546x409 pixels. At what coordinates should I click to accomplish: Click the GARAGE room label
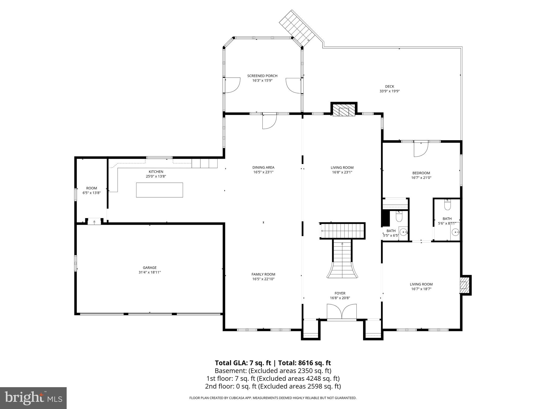click(150, 268)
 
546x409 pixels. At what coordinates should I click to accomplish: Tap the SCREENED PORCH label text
click(262, 76)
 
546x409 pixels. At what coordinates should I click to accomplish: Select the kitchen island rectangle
click(159, 190)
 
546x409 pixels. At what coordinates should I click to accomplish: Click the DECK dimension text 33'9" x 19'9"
click(390, 91)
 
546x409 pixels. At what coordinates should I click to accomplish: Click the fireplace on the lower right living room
click(465, 285)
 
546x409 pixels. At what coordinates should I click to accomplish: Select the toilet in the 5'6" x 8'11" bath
click(447, 206)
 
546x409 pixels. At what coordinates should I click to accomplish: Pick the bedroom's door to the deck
click(420, 149)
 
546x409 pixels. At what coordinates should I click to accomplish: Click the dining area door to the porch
click(269, 122)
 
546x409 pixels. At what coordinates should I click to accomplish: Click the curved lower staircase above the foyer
click(342, 264)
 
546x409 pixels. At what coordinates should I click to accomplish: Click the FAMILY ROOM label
click(263, 274)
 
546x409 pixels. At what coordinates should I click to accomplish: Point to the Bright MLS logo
click(33, 398)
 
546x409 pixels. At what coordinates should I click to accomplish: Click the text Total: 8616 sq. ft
click(305, 363)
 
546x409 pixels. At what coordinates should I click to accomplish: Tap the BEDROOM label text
click(421, 173)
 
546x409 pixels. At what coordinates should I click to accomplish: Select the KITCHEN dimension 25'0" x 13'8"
click(156, 176)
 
